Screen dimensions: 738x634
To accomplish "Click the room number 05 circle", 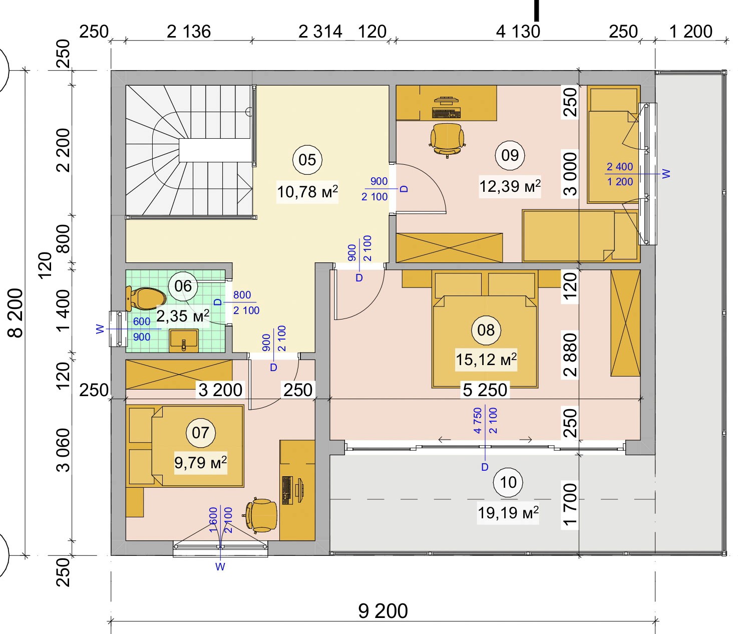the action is [x=307, y=160].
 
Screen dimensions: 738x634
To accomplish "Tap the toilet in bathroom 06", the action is [x=146, y=298].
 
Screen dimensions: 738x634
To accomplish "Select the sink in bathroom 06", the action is [x=184, y=341].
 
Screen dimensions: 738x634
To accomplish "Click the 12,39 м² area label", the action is [x=510, y=186].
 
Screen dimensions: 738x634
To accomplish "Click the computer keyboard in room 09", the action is [x=446, y=113].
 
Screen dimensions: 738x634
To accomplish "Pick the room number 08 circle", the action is [x=486, y=330].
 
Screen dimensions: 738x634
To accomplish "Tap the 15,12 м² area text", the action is [x=486, y=360].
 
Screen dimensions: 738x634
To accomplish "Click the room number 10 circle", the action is [x=508, y=483].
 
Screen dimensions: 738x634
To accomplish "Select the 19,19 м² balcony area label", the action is [x=508, y=513].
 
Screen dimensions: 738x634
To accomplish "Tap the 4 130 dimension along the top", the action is [x=518, y=32].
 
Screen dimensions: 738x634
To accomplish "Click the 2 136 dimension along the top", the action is [x=189, y=32].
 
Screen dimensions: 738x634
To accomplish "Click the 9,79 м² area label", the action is [x=200, y=463].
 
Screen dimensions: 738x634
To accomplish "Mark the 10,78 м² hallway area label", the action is [x=307, y=192].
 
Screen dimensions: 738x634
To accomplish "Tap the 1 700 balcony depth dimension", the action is [x=569, y=504].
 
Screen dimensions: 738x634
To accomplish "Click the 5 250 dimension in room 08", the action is [x=485, y=390].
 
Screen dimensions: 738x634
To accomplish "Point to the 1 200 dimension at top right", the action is [x=691, y=32].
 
